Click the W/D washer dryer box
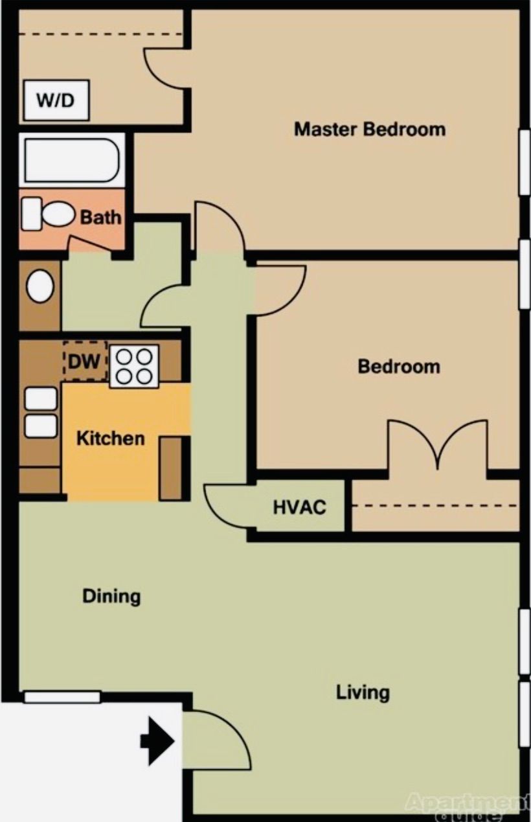[x=55, y=100]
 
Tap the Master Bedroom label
[x=370, y=129]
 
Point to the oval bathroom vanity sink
[x=40, y=286]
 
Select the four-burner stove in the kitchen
[x=134, y=366]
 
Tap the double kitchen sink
[x=41, y=413]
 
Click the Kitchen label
[x=110, y=439]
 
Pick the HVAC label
[x=299, y=507]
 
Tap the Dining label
[x=111, y=596]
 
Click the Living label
[x=363, y=692]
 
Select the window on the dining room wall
[x=62, y=697]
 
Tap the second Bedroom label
[x=398, y=367]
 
